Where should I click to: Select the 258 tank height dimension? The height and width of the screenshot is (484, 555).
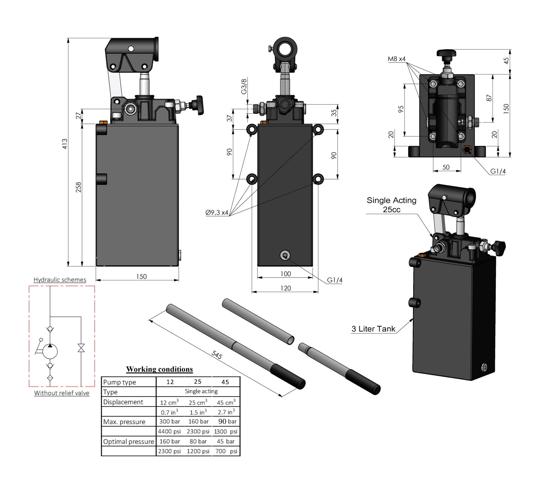tap(78, 187)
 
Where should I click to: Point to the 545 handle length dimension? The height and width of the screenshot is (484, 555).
tap(217, 355)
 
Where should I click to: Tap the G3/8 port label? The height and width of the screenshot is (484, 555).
tap(244, 86)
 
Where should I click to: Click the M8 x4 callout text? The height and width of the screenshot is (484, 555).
tap(396, 59)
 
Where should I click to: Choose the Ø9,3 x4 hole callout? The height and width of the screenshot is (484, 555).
tap(217, 212)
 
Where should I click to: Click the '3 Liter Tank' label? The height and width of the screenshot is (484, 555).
tap(373, 329)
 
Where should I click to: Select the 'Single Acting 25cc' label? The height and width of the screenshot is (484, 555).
tap(391, 205)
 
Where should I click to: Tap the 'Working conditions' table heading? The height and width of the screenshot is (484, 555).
tap(159, 369)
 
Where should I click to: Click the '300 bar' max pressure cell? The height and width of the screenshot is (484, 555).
tap(170, 421)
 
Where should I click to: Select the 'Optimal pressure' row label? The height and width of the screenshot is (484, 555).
tap(129, 442)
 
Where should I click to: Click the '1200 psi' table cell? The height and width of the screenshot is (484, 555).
tap(198, 451)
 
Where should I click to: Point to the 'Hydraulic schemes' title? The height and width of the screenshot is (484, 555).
tap(60, 280)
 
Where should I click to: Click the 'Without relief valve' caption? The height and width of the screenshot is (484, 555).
tap(62, 393)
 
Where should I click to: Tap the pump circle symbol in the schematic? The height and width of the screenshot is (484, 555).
tap(50, 352)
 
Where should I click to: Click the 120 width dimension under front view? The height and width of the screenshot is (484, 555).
tap(285, 288)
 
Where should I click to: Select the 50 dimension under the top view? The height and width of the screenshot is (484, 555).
tap(446, 167)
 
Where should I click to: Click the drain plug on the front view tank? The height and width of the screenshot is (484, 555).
tap(285, 255)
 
